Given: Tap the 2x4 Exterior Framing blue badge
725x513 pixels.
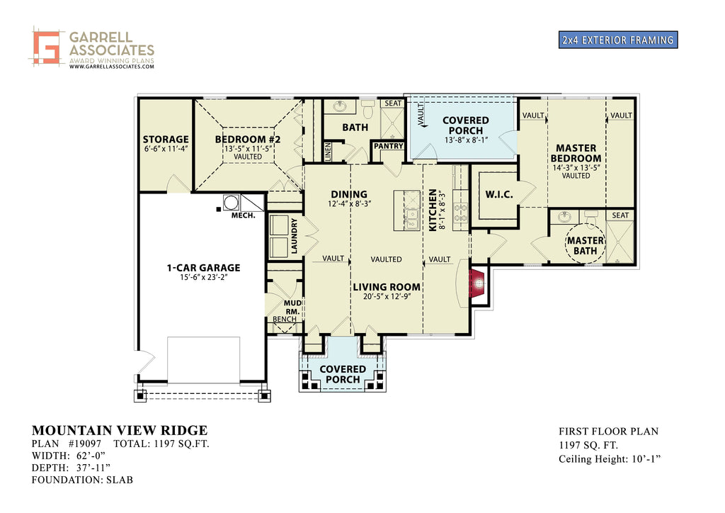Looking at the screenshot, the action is click(617, 40).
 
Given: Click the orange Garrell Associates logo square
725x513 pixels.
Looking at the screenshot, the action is click(46, 47).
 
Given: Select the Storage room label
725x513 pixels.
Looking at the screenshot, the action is click(166, 140).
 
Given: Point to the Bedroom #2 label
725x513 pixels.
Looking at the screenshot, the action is click(248, 140).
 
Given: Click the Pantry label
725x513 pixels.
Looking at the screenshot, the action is click(389, 146).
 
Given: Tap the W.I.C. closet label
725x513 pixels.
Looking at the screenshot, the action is click(499, 195).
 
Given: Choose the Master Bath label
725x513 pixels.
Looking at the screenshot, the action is click(586, 246).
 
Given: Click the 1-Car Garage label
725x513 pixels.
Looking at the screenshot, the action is click(203, 267).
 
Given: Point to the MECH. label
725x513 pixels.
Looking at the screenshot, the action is click(244, 215).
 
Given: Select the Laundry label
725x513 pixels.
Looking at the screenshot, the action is click(294, 236).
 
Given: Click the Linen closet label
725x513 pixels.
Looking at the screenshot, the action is click(328, 152).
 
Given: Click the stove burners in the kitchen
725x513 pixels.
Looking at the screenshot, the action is click(460, 213).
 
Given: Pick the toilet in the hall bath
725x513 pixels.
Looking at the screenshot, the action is click(368, 109).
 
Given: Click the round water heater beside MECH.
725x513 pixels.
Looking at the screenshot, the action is click(231, 202).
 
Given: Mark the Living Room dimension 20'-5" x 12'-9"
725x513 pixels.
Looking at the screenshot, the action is click(387, 297).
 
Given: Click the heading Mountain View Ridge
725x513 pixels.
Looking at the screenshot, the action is click(120, 430).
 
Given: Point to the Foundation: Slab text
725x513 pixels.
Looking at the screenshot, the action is click(82, 480).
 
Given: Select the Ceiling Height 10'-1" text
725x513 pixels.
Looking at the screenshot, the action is click(610, 459).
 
